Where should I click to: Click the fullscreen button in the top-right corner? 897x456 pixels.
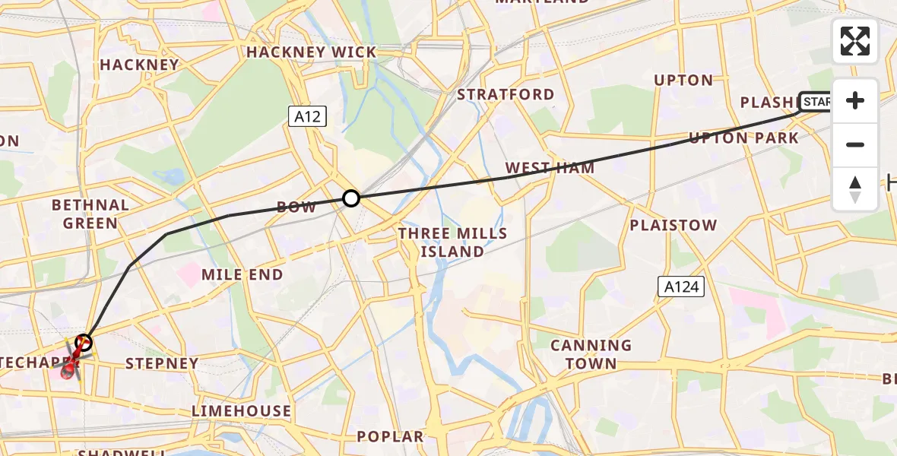coord(855,41)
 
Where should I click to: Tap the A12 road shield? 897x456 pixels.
coord(307,116)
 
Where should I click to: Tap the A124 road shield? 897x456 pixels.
coord(680,287)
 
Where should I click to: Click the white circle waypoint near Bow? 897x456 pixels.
coord(350,198)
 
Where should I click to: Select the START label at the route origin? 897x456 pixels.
coord(816,102)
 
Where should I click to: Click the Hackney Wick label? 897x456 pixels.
coord(311,52)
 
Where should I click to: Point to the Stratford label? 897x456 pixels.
coord(505,94)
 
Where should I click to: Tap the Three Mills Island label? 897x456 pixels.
coord(452,242)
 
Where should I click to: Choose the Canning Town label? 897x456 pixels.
coord(591,354)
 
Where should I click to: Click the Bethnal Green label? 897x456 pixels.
coord(90,214)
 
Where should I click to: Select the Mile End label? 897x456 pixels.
coord(242,274)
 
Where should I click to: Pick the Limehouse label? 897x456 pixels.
coord(241,411)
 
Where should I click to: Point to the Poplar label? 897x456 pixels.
coord(390,437)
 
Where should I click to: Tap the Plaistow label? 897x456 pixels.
coord(673,225)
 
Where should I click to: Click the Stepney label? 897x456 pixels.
coord(161,363)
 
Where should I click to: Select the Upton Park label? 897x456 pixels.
coord(743,138)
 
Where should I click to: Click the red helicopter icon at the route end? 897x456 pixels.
coord(71,362)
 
